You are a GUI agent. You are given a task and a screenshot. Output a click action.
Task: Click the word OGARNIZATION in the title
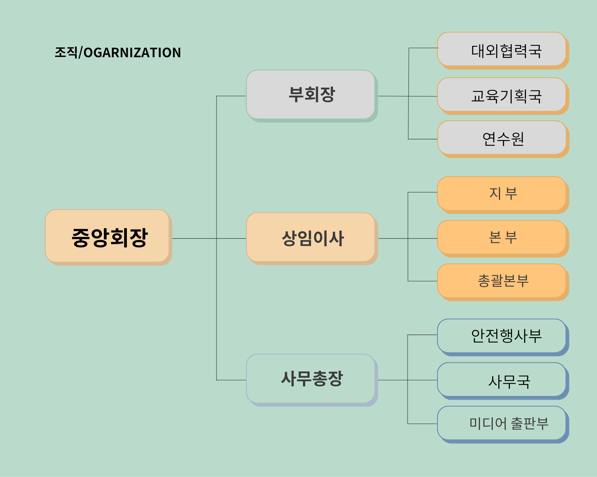132,53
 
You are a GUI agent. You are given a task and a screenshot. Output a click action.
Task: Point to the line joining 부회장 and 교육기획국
408,96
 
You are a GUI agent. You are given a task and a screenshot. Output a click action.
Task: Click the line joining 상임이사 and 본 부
408,238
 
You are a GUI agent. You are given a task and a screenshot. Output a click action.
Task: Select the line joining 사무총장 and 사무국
408,380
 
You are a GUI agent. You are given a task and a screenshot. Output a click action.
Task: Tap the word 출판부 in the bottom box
530,423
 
